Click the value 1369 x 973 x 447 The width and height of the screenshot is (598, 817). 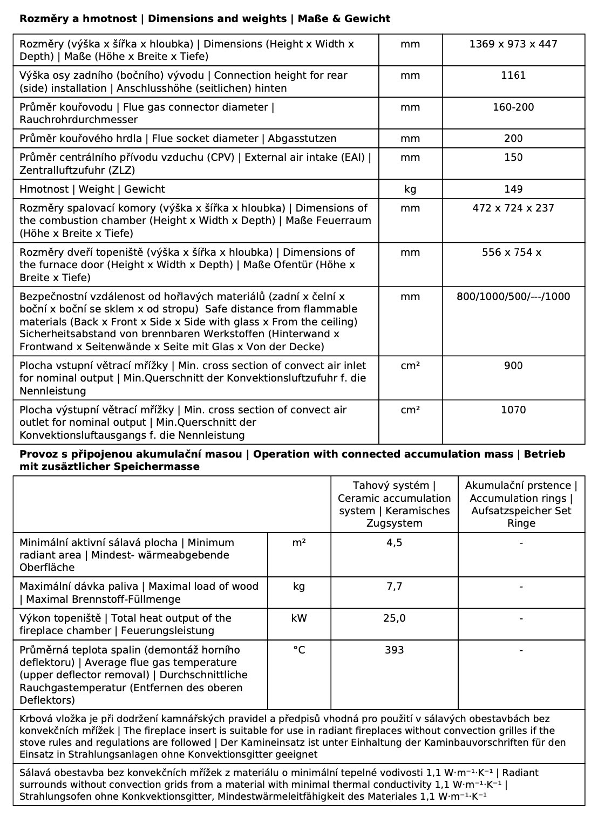click(513, 44)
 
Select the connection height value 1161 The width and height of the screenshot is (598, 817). click(513, 76)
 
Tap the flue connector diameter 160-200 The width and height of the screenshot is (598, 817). click(513, 107)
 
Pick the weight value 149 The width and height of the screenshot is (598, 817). click(513, 189)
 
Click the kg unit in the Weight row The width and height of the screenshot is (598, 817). click(410, 189)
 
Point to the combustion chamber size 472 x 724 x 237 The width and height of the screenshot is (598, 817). click(513, 208)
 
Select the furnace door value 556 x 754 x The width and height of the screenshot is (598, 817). click(511, 253)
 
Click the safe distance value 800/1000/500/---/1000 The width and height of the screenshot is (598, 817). click(513, 297)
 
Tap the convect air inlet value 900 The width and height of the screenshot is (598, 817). click(513, 366)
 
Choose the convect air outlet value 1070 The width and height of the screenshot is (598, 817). click(513, 410)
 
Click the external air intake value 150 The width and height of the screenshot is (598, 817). click(513, 158)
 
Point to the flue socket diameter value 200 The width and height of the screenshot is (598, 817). click(513, 139)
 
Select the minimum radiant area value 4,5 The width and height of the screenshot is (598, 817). click(394, 543)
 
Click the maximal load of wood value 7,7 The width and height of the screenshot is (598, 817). click(394, 587)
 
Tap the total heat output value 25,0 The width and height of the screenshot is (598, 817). click(394, 618)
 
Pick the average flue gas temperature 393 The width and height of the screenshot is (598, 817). click(394, 650)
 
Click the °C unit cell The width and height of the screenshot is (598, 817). click(299, 650)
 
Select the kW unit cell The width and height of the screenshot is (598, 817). click(299, 618)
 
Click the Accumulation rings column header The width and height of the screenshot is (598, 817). click(521, 505)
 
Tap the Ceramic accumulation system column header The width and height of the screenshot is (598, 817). click(394, 505)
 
